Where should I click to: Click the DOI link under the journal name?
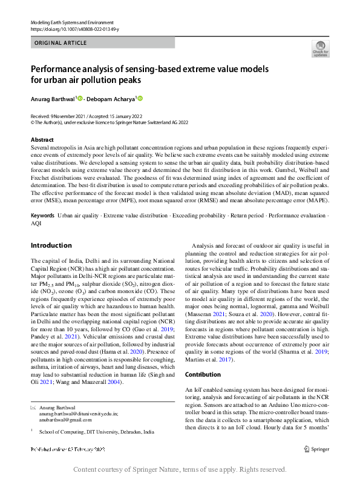pyautogui.click(x=74, y=29)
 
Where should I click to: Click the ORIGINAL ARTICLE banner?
pyautogui.click(x=61, y=43)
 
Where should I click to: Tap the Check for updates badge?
pyautogui.click(x=320, y=49)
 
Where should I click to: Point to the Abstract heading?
pyautogui.click(x=42, y=139)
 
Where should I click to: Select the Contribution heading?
pyautogui.click(x=203, y=375)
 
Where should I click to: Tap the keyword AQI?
pyautogui.click(x=36, y=223)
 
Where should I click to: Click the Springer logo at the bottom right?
pyautogui.click(x=317, y=449)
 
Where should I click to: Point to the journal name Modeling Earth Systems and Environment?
pyautogui.click(x=73, y=22)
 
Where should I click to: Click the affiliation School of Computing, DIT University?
pyautogui.click(x=96, y=432)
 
